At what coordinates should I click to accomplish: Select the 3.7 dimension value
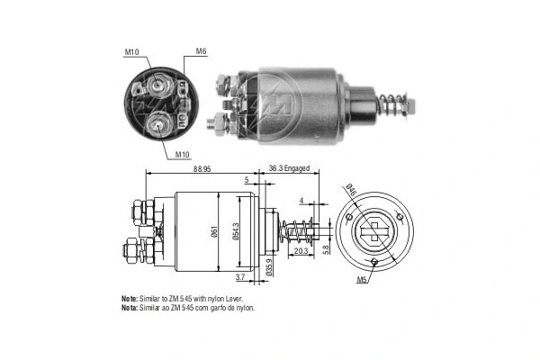click(239, 277)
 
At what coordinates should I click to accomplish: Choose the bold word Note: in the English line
click(130, 298)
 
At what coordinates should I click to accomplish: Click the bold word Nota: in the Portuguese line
click(130, 308)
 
